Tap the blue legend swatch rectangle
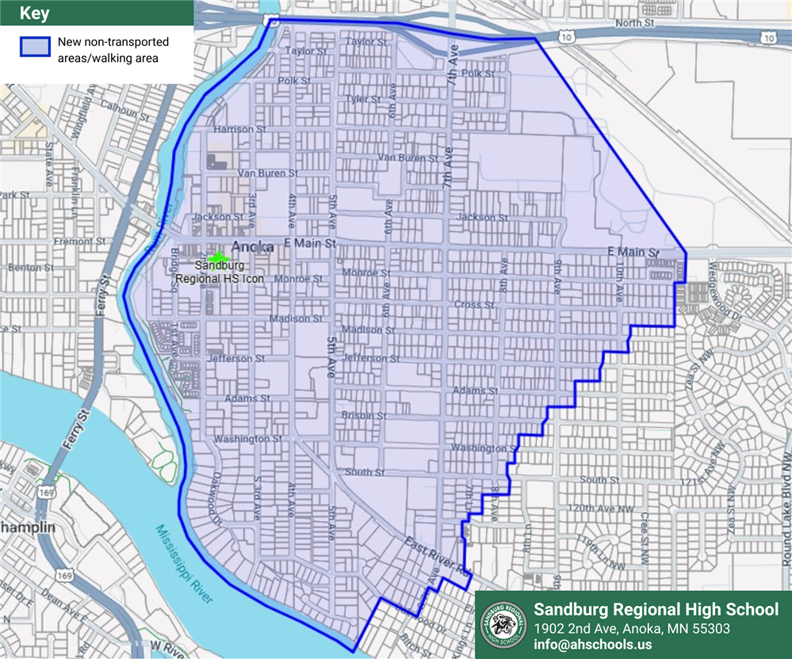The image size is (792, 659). (x=36, y=48)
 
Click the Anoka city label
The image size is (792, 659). (x=253, y=246)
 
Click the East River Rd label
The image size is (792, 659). (x=437, y=556)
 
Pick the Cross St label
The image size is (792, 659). (x=474, y=304)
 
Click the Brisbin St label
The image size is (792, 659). (x=364, y=415)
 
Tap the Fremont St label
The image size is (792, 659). (x=73, y=241)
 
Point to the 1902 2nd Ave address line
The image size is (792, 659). (x=631, y=628)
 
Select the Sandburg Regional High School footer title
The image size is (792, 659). (x=656, y=609)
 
